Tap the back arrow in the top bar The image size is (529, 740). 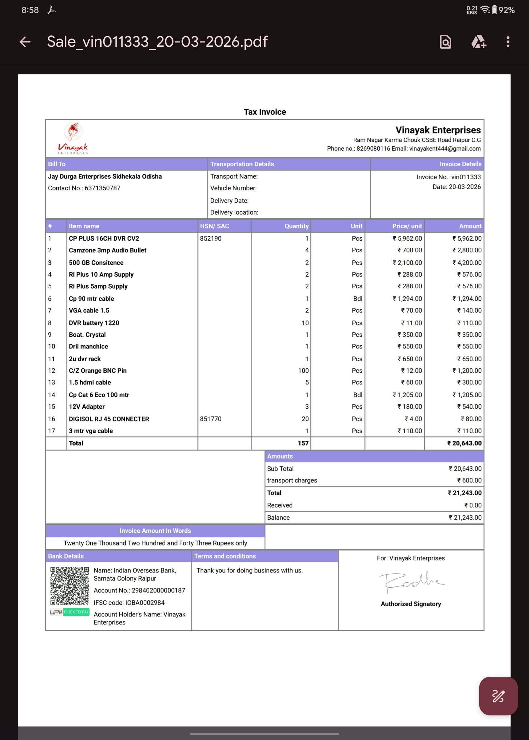[x=25, y=42]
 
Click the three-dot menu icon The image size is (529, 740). [x=507, y=42]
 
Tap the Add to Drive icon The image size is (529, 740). [x=478, y=42]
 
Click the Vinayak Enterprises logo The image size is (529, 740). [x=73, y=138]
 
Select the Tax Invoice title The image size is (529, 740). [x=264, y=112]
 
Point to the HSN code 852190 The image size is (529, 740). [x=210, y=238]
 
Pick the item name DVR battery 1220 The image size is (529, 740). [x=94, y=323]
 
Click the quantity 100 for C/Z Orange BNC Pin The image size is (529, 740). [x=303, y=371]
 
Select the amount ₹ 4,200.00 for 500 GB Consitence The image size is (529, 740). [x=467, y=263]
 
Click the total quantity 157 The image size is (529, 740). [x=303, y=443]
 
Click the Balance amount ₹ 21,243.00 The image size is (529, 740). [x=465, y=518]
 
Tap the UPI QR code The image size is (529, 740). [x=70, y=586]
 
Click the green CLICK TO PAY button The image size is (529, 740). [x=76, y=612]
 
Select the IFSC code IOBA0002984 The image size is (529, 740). [x=145, y=603]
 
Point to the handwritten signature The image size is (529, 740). [x=411, y=581]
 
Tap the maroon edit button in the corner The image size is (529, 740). [x=498, y=696]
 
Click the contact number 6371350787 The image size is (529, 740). [x=102, y=188]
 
